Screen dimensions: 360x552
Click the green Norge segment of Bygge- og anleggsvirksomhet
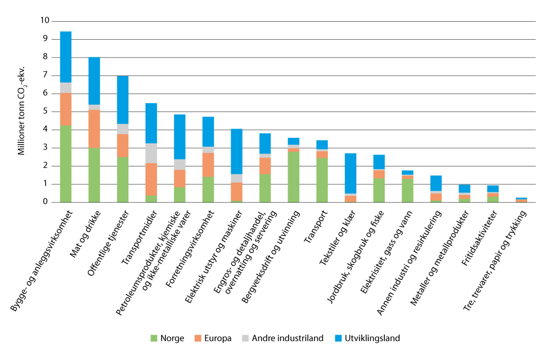(x=66, y=164)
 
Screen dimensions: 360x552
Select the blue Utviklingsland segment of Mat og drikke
(x=94, y=81)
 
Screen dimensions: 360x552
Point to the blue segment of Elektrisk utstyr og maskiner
(x=236, y=151)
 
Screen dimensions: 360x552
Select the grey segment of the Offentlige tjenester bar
(x=123, y=129)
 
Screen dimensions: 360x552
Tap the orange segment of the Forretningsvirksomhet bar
(x=208, y=165)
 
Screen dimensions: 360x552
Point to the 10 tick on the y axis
(x=44, y=21)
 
